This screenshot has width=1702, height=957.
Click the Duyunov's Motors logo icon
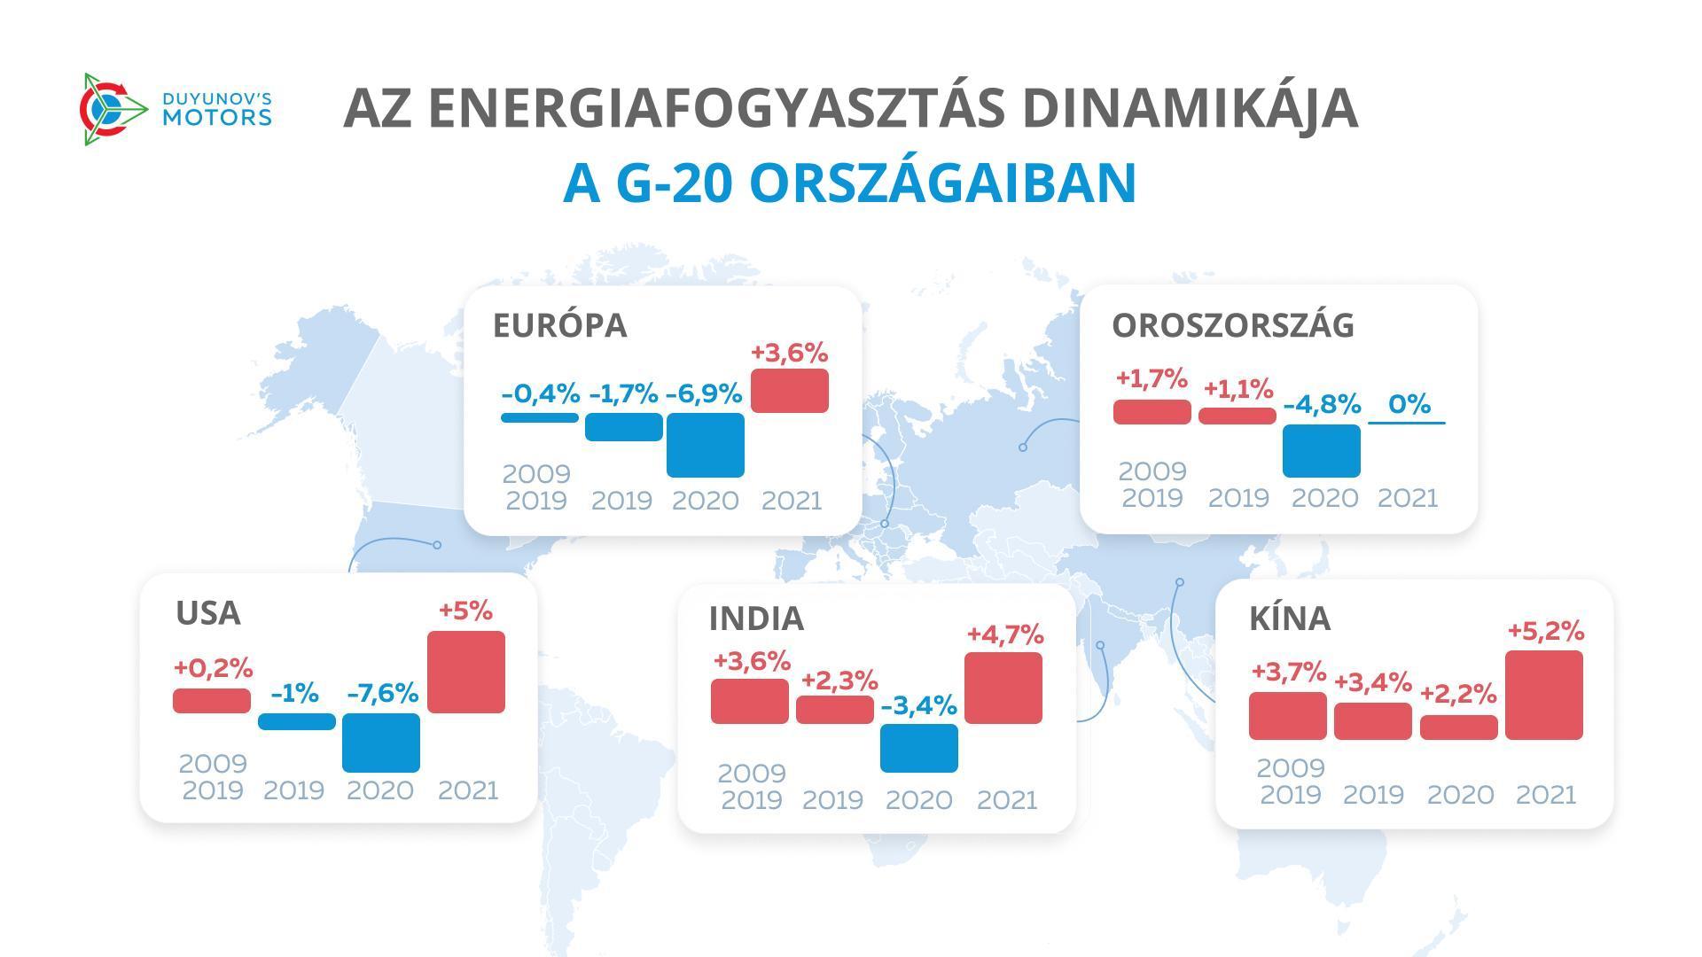pos(112,109)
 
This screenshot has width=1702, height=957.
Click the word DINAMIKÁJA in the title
pos(1190,108)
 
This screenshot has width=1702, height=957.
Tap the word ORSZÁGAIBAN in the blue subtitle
pos(942,183)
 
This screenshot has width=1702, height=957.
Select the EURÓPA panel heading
pos(559,325)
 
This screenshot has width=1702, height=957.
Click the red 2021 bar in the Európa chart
pos(789,391)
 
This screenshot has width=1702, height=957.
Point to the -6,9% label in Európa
pos(703,393)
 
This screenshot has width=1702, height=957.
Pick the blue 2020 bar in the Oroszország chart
pos(1321,450)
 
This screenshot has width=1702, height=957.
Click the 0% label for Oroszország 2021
pos(1409,404)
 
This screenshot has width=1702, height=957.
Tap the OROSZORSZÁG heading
pos(1232,325)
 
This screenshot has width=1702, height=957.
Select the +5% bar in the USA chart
pos(465,672)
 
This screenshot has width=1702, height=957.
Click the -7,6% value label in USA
pos(382,693)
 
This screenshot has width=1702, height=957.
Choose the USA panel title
pos(208,613)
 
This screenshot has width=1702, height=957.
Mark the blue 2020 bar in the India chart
pos(918,748)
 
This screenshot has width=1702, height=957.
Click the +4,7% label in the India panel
pos(1004,634)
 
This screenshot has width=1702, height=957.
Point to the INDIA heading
pos(756,619)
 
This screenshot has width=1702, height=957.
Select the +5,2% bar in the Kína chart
pos(1543,695)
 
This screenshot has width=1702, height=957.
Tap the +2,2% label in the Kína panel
pos(1458,694)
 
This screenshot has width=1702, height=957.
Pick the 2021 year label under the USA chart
pos(468,790)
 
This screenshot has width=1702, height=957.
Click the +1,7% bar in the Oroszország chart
pos(1152,412)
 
